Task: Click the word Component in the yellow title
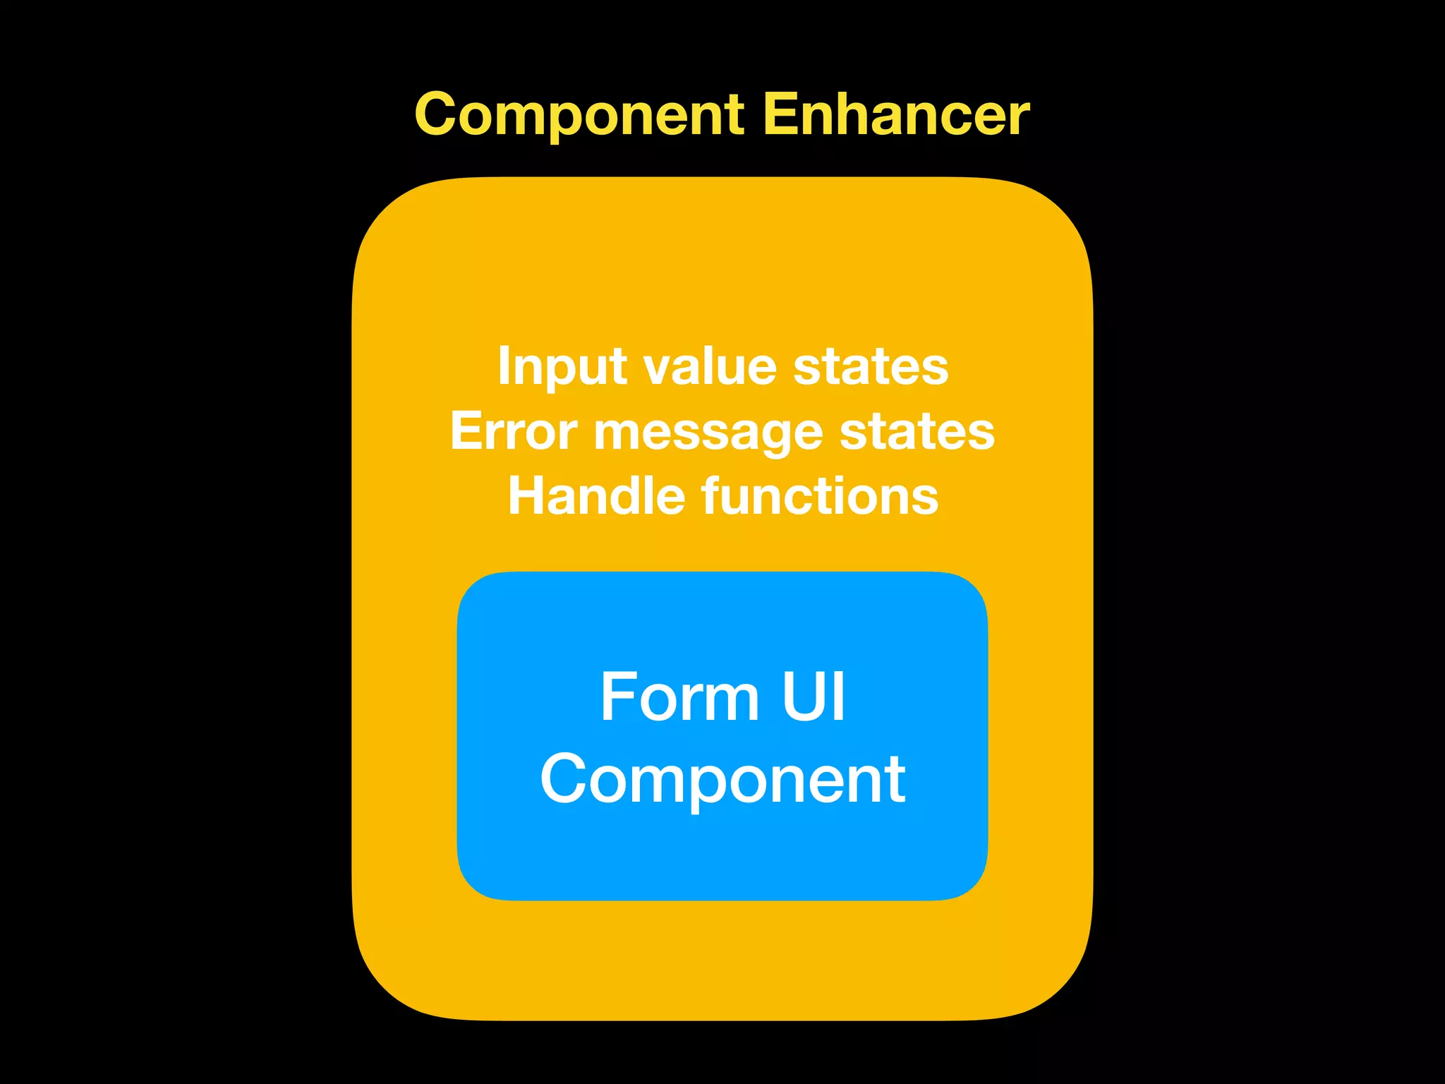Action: [x=579, y=115]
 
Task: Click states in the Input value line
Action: [x=871, y=368]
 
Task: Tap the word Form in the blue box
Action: [x=679, y=697]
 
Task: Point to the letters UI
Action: [x=813, y=697]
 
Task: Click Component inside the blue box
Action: [x=722, y=780]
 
